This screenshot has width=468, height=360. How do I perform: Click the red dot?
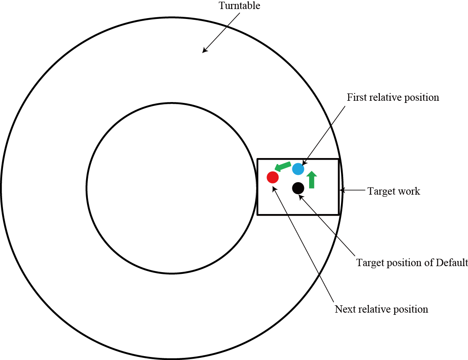(x=273, y=177)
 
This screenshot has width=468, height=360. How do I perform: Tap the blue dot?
(x=298, y=169)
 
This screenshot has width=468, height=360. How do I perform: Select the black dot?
(x=298, y=188)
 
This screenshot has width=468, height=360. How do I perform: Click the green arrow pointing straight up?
(x=312, y=179)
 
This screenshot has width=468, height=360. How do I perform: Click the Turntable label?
(x=239, y=6)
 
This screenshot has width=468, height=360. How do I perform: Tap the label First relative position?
(x=393, y=97)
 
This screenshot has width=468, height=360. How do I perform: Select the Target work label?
(x=394, y=191)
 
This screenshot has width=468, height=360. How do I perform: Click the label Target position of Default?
(x=412, y=262)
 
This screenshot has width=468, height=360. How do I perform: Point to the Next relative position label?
(x=381, y=309)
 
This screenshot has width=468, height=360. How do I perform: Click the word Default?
(x=452, y=262)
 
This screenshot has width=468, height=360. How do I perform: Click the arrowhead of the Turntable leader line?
(x=204, y=51)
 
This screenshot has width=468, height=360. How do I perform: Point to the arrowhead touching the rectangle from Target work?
(x=342, y=190)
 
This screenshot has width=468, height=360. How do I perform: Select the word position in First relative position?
(x=422, y=97)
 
